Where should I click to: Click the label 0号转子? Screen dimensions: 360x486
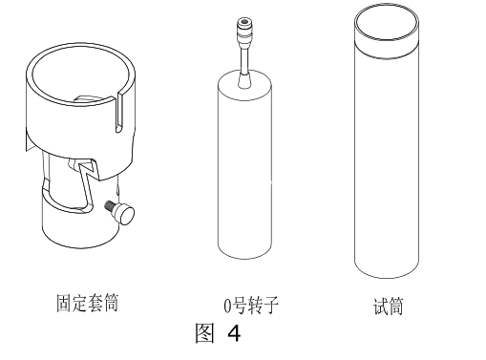(x=247, y=307)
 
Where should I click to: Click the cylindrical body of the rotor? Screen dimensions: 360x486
(x=244, y=172)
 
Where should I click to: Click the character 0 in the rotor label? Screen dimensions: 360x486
(x=226, y=307)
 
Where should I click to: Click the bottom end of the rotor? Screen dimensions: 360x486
(x=244, y=256)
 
